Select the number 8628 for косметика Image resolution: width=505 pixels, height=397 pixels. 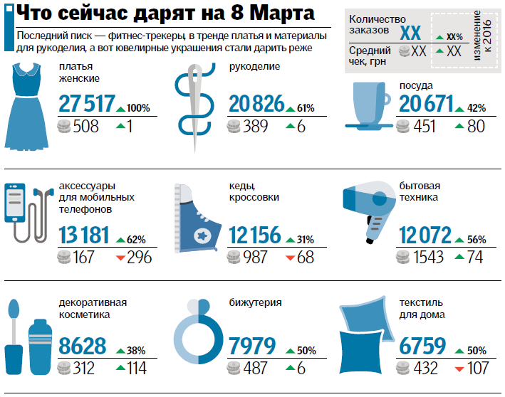[83, 347]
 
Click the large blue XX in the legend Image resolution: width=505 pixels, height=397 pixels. [410, 33]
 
